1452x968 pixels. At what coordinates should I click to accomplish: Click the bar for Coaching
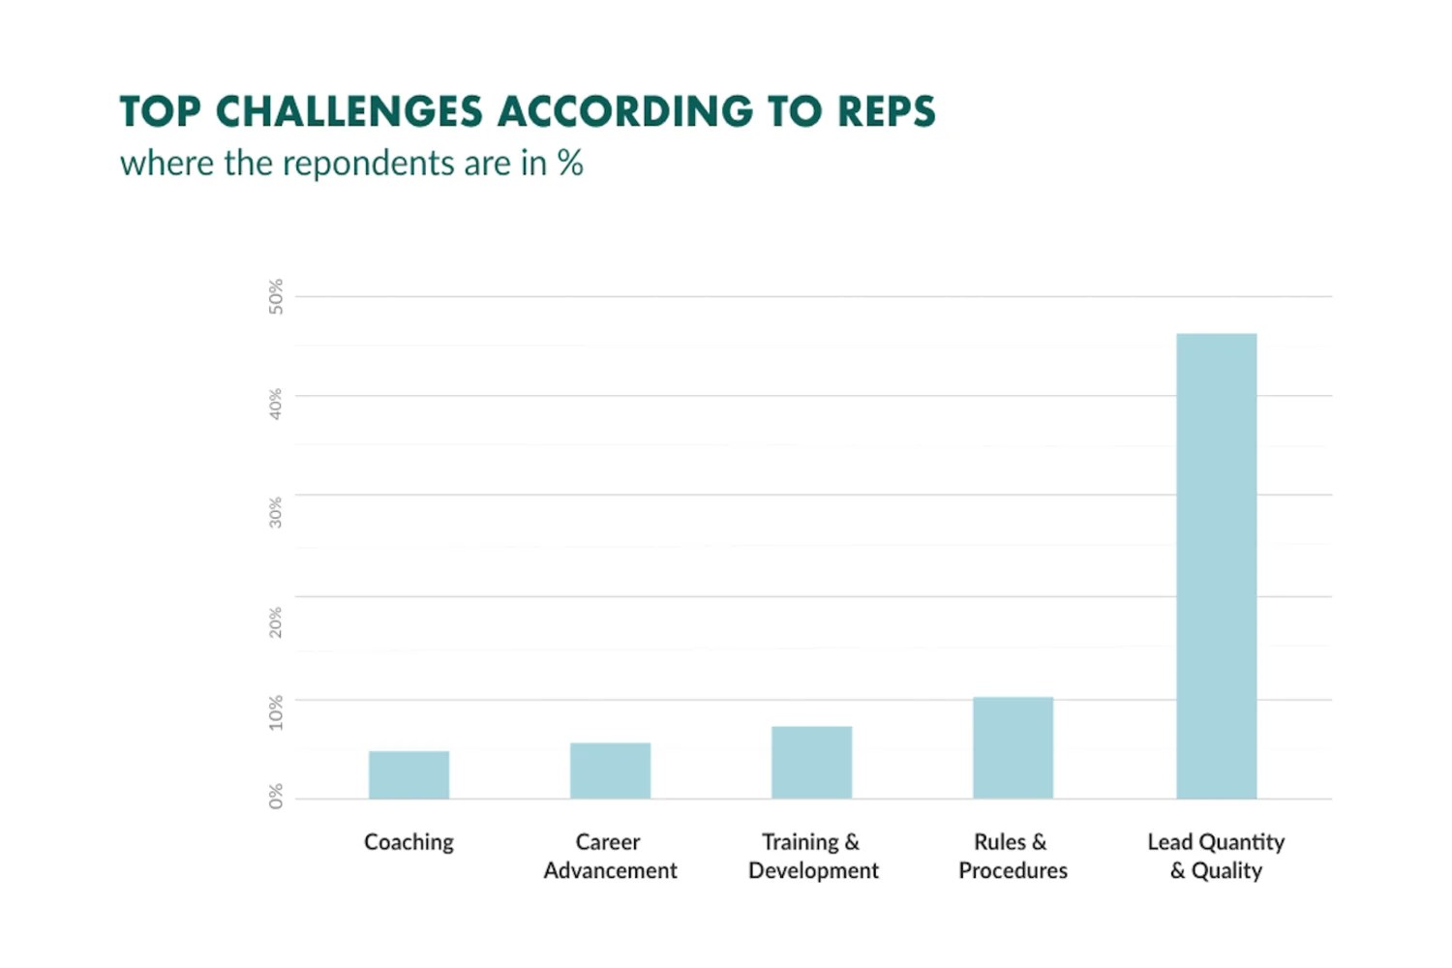[x=408, y=774]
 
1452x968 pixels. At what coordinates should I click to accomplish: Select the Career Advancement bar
[x=610, y=771]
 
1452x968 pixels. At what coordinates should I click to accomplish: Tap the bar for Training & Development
[x=811, y=762]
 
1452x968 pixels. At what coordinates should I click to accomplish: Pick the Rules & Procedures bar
[x=1013, y=747]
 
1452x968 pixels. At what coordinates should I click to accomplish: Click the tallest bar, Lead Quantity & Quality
[x=1216, y=566]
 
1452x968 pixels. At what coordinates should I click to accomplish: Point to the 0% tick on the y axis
[x=276, y=796]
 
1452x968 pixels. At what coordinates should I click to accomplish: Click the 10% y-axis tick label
[x=276, y=712]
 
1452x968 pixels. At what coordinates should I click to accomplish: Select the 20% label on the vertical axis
[x=276, y=621]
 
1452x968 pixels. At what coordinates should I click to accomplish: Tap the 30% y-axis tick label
[x=276, y=512]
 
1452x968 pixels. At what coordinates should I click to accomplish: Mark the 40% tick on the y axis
[x=276, y=404]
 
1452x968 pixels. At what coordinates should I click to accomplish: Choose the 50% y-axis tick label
[x=276, y=296]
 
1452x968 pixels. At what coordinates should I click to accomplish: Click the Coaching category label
[x=408, y=842]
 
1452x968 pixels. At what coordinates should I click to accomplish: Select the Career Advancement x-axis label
[x=610, y=856]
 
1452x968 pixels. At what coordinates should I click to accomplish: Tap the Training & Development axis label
[x=812, y=856]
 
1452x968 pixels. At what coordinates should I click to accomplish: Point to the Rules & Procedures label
[x=1013, y=856]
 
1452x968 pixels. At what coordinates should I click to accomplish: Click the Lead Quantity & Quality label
[x=1216, y=856]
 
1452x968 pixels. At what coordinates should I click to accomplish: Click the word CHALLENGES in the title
[x=348, y=111]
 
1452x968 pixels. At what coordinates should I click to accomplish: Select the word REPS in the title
[x=886, y=111]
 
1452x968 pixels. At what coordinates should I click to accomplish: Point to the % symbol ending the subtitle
[x=570, y=163]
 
